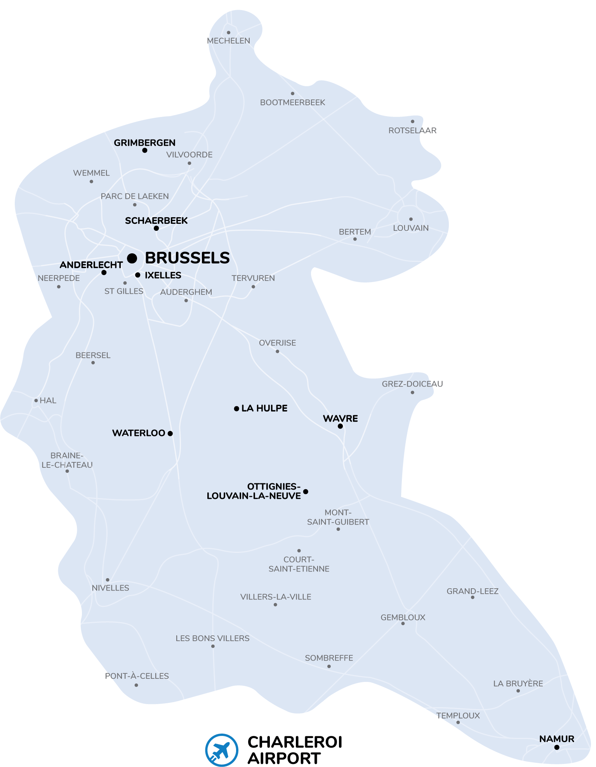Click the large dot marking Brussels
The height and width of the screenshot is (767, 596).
tap(132, 258)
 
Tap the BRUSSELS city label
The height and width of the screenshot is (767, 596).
tap(187, 258)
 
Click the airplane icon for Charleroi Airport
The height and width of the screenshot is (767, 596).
tap(222, 750)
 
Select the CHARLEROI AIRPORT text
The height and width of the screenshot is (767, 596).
tap(295, 750)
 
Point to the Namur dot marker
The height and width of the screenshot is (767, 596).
tap(557, 747)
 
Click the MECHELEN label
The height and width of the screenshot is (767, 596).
tap(228, 41)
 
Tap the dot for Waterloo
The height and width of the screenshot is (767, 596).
tap(170, 433)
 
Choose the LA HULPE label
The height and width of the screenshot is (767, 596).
tap(264, 408)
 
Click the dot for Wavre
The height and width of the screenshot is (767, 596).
tap(340, 426)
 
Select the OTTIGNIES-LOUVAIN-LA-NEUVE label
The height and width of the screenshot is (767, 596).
tap(254, 491)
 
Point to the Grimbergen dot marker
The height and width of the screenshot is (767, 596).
tap(144, 150)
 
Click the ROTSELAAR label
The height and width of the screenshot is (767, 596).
tap(412, 131)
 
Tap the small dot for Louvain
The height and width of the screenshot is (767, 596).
tap(411, 219)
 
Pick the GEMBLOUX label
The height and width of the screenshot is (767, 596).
tap(403, 617)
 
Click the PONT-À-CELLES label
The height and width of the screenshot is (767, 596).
tap(137, 676)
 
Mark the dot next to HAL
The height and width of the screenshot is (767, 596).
tap(36, 401)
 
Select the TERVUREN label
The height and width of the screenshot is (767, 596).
tap(253, 278)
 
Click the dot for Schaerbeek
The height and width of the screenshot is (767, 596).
tap(156, 228)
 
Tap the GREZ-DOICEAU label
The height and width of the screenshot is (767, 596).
tap(412, 384)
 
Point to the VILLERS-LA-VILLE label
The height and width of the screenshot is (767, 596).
tap(276, 597)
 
